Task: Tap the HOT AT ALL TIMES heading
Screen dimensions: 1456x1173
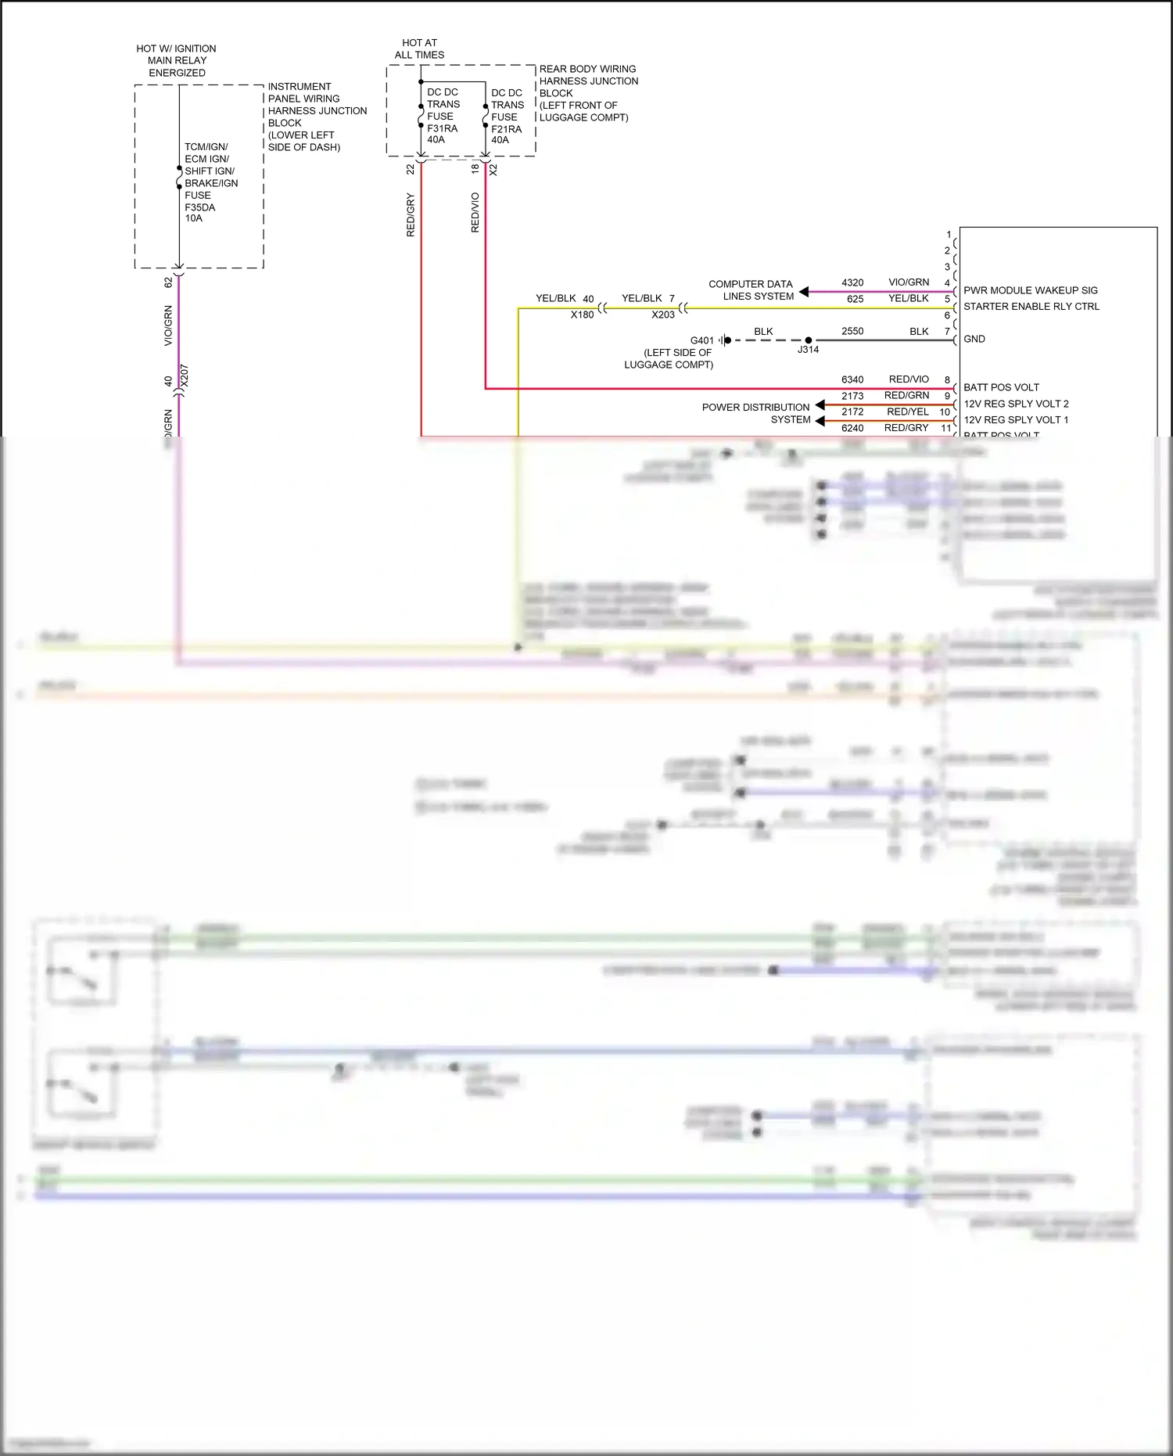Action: pos(419,49)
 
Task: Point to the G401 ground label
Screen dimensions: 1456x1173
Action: pos(701,340)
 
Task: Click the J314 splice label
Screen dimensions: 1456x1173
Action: pos(808,350)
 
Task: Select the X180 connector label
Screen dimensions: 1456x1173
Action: pos(582,315)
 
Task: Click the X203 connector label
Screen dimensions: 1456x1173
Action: pos(662,315)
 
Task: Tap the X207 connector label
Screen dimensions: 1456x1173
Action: pos(185,376)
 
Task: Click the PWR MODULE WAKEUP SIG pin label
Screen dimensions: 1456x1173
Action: pos(1030,290)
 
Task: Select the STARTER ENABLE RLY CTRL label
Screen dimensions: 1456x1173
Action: pos(1031,307)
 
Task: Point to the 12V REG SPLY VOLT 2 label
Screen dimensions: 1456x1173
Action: pos(1015,404)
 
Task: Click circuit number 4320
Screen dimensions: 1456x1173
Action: pos(852,282)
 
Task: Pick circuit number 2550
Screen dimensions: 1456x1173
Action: pos(852,331)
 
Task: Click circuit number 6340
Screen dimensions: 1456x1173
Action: pos(852,379)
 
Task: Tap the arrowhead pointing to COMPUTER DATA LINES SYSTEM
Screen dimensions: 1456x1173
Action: pos(803,292)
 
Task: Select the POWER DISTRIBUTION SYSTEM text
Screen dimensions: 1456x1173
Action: pos(756,413)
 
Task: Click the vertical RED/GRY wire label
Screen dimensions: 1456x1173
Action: pos(411,215)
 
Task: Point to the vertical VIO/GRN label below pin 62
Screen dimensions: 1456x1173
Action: pos(168,326)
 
